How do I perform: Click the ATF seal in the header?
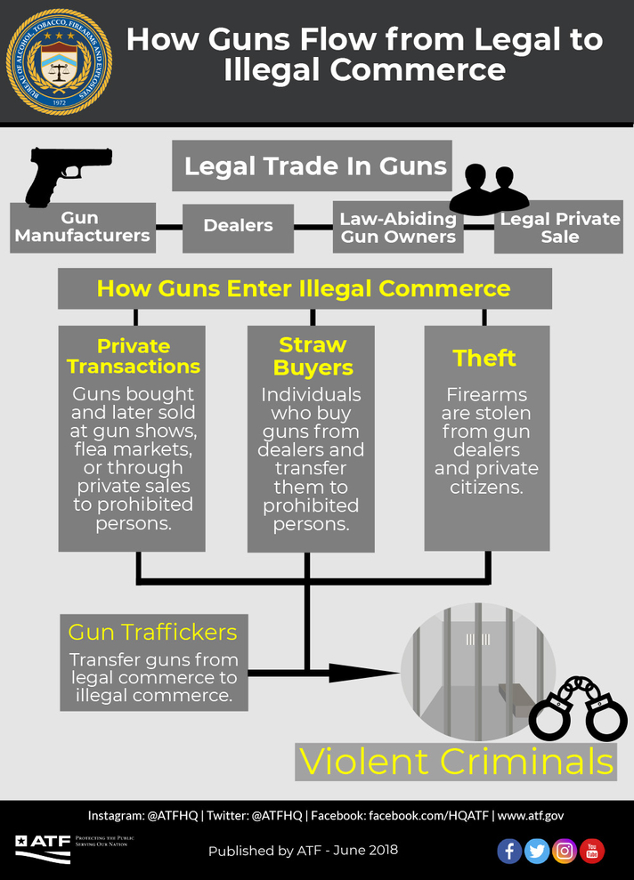pos(59,62)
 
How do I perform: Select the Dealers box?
pos(238,227)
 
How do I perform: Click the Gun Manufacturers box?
pos(82,227)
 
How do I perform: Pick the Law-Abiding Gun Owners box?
pos(398,228)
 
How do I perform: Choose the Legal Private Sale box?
pos(558,228)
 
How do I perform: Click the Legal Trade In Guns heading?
pos(315,166)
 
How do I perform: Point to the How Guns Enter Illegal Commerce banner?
pos(304,289)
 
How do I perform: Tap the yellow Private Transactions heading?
pos(134,356)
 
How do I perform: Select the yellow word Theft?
pos(484,358)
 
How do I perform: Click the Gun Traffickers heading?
pos(152,632)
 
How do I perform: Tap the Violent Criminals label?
pos(456,762)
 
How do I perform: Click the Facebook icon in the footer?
pos(509,851)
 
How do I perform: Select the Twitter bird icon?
pos(537,851)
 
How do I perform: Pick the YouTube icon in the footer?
pos(592,851)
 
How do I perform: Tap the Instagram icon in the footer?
pos(565,851)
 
